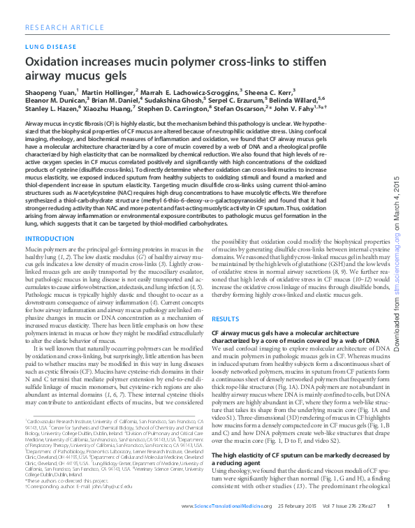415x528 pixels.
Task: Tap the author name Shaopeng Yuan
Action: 50,91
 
